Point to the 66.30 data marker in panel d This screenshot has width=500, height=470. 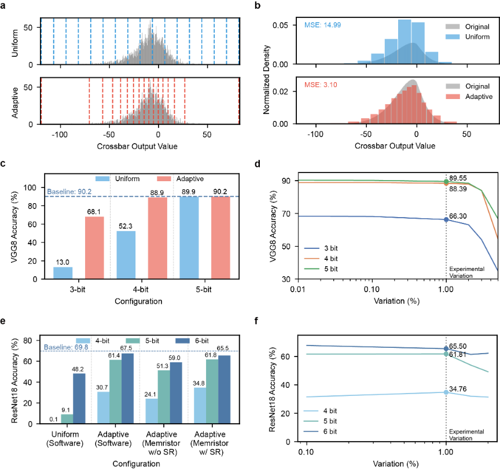tap(446, 219)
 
